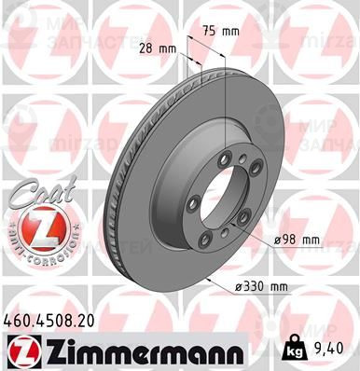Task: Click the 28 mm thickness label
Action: click(x=158, y=48)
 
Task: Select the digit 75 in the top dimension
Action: click(x=212, y=31)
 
